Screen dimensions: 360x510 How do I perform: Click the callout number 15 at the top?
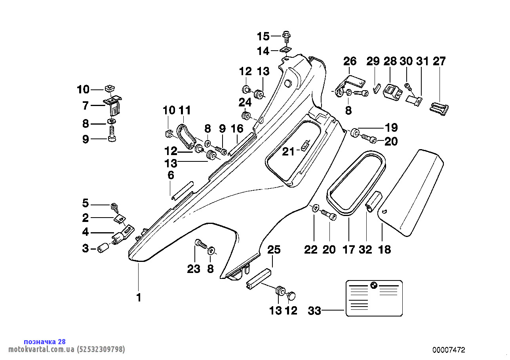263,36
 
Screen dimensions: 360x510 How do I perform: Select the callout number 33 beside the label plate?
314,311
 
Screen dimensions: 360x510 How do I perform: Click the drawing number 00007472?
449,350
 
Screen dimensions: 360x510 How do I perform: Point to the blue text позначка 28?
45,341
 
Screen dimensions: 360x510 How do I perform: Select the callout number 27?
439,61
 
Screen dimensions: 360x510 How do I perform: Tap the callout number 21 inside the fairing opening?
288,151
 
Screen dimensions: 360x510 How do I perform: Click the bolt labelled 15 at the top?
287,36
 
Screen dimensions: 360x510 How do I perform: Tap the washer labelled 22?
315,208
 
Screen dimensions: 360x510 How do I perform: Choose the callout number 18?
384,250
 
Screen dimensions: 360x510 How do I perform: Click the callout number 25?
274,250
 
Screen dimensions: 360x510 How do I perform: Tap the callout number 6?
171,175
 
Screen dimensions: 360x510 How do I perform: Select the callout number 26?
350,61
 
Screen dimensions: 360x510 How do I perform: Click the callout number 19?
391,128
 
